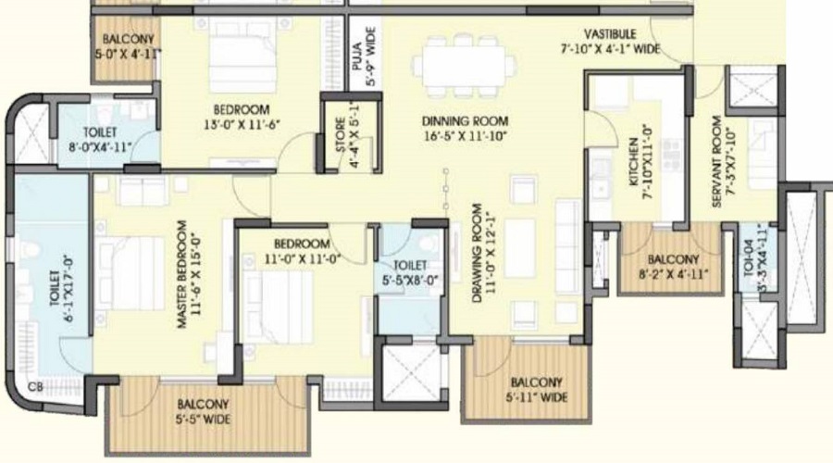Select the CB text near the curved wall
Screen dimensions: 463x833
[x=34, y=387]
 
